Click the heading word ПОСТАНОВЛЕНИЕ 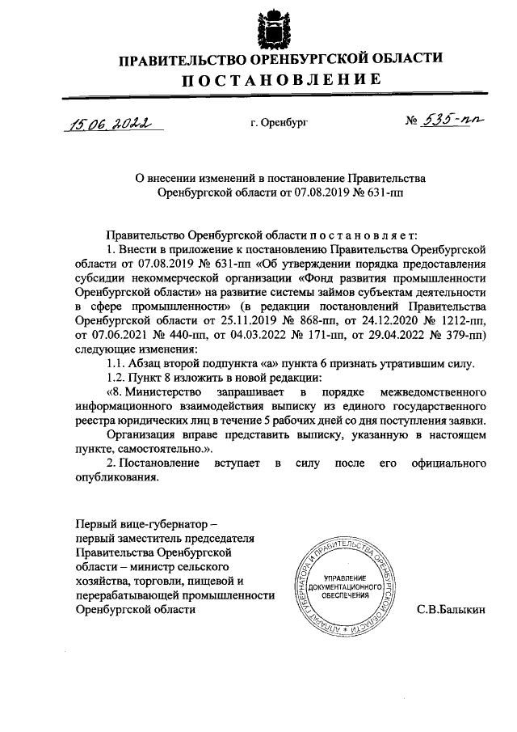[x=280, y=80]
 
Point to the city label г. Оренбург [x=279, y=123]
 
